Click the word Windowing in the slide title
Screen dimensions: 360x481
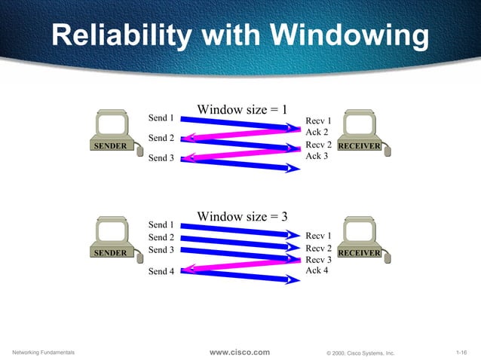point(349,36)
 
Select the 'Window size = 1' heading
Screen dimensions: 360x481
point(242,109)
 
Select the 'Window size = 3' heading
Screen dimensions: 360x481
point(242,217)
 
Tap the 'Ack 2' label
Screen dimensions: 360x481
point(317,132)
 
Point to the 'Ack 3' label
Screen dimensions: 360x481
point(317,156)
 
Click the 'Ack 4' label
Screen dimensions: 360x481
point(317,270)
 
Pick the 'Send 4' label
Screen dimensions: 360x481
point(161,271)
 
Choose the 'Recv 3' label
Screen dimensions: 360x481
point(318,260)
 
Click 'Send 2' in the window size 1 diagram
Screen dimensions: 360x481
point(161,138)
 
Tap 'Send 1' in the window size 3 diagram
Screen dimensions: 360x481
point(161,224)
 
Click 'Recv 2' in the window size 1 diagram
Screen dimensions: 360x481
point(318,145)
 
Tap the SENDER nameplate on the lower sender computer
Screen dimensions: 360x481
point(110,253)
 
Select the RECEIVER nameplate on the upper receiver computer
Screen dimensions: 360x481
point(359,145)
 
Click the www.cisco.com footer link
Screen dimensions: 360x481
point(239,352)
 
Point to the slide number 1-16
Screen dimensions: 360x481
point(464,352)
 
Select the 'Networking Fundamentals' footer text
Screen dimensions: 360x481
point(45,352)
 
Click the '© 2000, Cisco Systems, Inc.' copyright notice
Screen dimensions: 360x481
point(360,352)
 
